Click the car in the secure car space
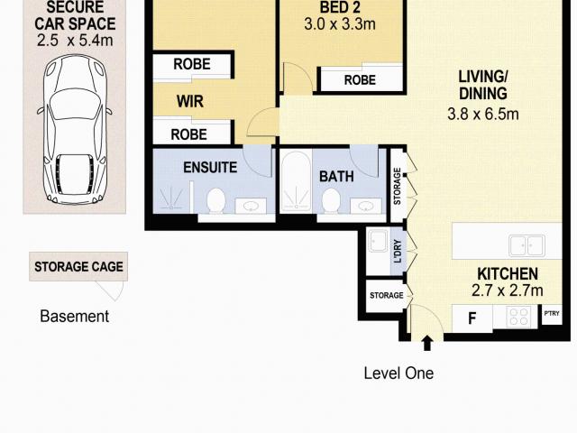(73, 132)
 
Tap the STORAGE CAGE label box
(78, 267)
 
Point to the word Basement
(75, 317)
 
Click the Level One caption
(398, 373)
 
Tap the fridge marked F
(471, 318)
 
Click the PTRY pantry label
(552, 315)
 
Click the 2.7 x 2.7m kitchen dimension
(507, 290)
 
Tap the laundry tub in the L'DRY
(379, 243)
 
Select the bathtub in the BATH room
(295, 183)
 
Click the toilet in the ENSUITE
(215, 199)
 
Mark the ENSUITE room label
(210, 168)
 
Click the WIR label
(188, 103)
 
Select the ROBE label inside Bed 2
(360, 80)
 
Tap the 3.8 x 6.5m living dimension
(483, 114)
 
